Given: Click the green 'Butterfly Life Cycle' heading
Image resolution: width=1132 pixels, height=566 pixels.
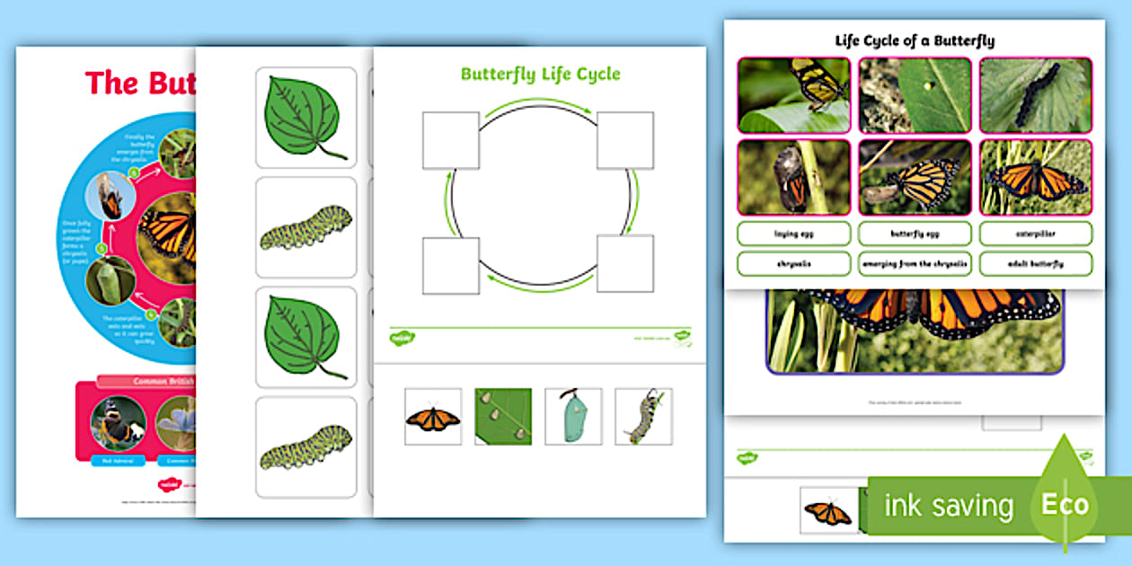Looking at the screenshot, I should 540,74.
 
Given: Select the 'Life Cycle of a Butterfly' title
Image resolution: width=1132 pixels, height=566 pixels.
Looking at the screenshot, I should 915,40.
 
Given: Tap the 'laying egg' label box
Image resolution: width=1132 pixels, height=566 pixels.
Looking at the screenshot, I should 793,234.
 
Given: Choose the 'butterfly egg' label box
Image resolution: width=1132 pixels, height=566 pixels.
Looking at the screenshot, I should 915,234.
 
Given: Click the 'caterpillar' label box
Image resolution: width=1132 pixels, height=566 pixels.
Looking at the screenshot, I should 1036,234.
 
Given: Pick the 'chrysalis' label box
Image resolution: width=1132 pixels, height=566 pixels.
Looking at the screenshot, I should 793,264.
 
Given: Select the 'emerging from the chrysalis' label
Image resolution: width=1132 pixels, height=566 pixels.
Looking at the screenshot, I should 915,264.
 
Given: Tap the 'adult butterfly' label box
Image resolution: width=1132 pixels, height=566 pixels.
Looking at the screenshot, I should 1036,264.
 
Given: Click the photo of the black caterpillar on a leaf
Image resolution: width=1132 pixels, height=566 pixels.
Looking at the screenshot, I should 1035,95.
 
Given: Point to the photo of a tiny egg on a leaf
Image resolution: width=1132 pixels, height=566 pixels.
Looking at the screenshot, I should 915,95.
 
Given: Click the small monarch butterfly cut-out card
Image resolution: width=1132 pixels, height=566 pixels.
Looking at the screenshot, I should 433,417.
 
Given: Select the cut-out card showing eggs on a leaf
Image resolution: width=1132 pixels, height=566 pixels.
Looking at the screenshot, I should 503,417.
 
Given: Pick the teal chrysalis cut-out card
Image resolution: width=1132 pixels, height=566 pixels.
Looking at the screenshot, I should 573,417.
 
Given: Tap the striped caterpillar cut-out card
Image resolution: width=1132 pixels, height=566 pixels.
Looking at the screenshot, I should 643,417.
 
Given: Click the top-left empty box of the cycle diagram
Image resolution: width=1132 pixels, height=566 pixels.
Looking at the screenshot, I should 451,140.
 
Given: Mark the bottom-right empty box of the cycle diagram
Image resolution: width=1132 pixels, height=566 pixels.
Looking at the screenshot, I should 625,264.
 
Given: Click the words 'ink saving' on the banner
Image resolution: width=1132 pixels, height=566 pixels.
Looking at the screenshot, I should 949,506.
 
